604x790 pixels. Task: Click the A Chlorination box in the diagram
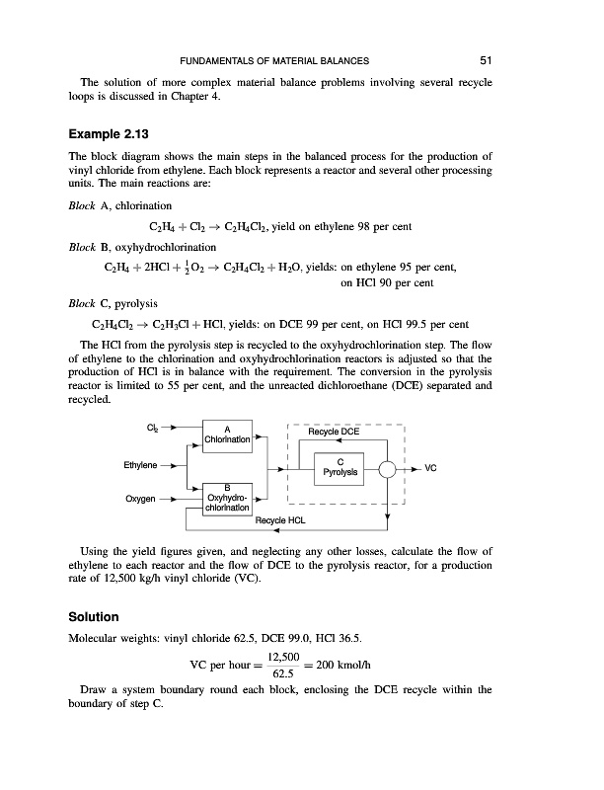tap(228, 432)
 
